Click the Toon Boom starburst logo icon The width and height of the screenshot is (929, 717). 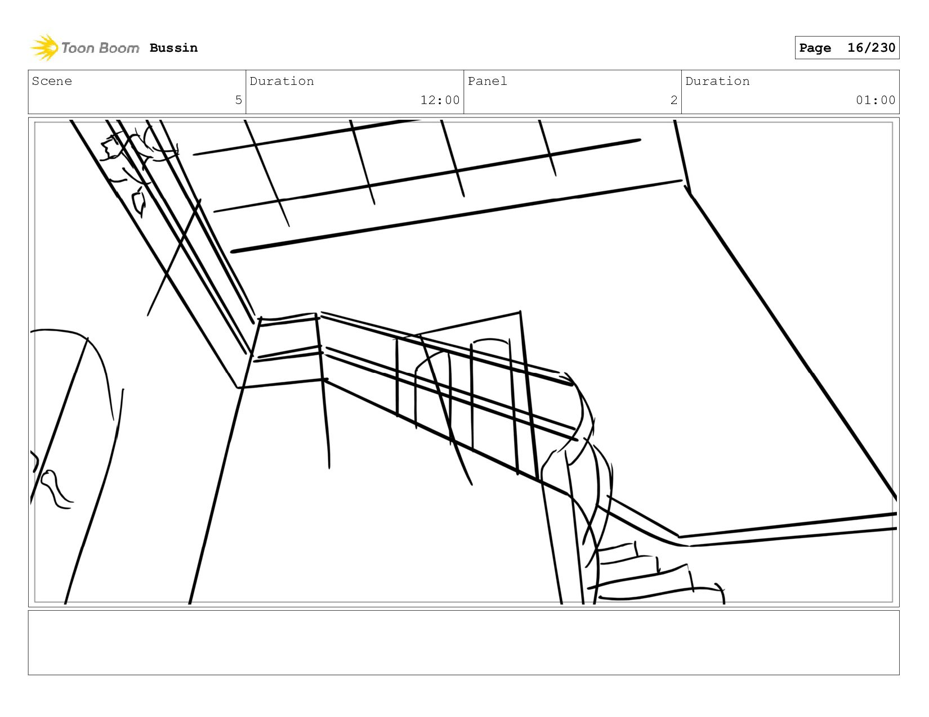(x=44, y=48)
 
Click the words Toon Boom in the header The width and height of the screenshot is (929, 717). (x=100, y=48)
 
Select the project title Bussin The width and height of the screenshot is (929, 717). (x=173, y=48)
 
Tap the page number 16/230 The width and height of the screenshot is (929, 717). (x=870, y=48)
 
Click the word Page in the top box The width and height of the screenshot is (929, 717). (x=815, y=48)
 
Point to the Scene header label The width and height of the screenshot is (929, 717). (x=52, y=82)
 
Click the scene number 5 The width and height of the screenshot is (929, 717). (x=238, y=100)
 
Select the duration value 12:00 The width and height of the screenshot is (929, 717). (x=440, y=100)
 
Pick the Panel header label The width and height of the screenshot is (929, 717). (x=487, y=82)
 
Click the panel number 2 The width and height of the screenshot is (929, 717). (x=673, y=100)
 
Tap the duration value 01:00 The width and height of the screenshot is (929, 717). (x=875, y=100)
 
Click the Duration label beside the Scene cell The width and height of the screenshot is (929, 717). (x=282, y=82)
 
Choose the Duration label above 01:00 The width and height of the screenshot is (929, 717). (x=717, y=82)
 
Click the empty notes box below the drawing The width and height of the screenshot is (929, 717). (x=463, y=642)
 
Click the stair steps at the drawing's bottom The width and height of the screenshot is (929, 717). (x=647, y=574)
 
